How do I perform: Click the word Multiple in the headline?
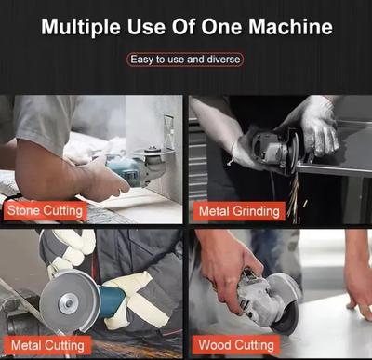click(x=81, y=27)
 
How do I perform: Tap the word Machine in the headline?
click(x=290, y=27)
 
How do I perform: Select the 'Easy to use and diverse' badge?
click(x=185, y=60)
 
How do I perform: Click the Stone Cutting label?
click(x=45, y=211)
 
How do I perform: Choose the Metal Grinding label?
click(x=239, y=211)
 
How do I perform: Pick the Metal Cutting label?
click(x=47, y=345)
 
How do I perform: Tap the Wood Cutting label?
click(x=236, y=345)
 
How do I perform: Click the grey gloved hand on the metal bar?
click(x=319, y=130)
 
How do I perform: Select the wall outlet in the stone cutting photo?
click(x=168, y=132)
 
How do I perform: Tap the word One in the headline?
click(x=221, y=27)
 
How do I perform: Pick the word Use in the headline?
click(x=146, y=27)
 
